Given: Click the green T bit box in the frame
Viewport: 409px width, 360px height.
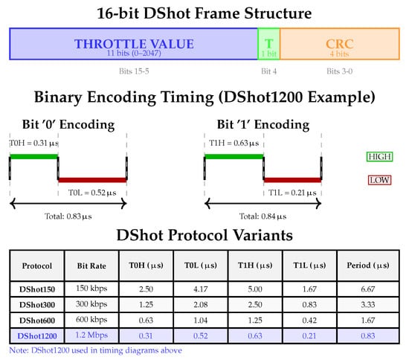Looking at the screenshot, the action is click(x=268, y=44).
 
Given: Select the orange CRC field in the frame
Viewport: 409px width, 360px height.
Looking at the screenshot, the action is click(x=340, y=44).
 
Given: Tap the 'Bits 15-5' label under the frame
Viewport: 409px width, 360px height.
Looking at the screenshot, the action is click(x=134, y=71).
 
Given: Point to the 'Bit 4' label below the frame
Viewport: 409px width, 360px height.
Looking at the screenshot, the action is click(x=268, y=71).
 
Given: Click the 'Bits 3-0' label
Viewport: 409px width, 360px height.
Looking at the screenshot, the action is click(x=339, y=71).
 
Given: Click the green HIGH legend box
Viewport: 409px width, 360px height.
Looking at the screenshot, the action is click(x=379, y=156).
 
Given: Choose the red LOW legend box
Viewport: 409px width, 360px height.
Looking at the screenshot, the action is click(x=379, y=180).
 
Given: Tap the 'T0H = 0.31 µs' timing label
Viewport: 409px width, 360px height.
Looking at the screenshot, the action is click(x=34, y=143).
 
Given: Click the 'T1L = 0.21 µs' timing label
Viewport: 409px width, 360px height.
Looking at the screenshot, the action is click(x=292, y=193).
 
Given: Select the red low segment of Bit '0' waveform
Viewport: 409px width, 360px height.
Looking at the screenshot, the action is click(x=92, y=180).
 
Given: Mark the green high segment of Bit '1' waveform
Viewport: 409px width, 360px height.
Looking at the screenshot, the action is click(x=234, y=156).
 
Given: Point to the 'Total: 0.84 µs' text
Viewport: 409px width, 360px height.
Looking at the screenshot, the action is click(x=263, y=216).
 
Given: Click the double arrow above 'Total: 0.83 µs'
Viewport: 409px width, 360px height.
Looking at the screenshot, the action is click(x=68, y=204).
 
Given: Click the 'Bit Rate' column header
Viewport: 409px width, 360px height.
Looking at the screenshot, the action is click(x=91, y=266).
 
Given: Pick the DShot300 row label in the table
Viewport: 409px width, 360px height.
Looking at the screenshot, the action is click(x=37, y=305).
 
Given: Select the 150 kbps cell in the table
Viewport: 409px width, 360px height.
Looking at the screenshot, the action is click(x=91, y=289).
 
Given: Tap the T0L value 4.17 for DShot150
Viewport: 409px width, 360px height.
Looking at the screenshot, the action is click(x=200, y=289).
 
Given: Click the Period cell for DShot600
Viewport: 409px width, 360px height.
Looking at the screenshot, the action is click(x=368, y=321).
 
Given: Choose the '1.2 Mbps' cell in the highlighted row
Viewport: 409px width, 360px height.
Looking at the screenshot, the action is click(x=91, y=335).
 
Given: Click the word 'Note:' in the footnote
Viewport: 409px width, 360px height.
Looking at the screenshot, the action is click(x=19, y=350).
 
